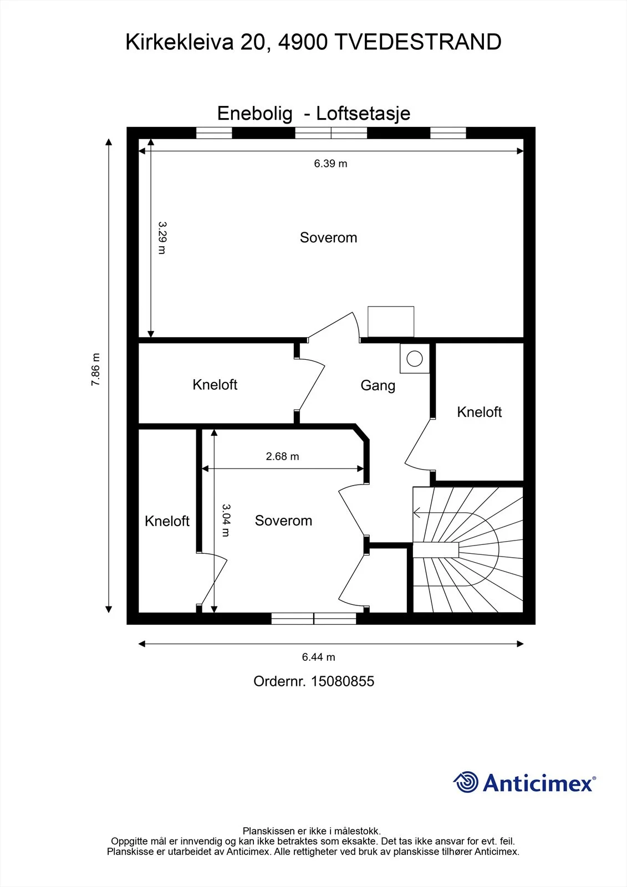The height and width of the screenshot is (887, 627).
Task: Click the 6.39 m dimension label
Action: [330, 164]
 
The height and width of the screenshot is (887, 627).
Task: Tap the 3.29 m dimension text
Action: [162, 238]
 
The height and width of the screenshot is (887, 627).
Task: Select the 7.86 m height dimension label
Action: [95, 369]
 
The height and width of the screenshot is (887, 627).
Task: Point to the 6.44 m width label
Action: [318, 657]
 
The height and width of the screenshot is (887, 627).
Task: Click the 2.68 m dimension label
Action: [282, 456]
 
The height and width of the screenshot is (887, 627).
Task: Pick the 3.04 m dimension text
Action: [226, 521]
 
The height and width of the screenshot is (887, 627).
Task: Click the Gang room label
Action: [378, 386]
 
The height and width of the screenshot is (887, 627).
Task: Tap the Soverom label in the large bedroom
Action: [328, 238]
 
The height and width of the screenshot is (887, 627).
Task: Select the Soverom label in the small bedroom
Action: [283, 521]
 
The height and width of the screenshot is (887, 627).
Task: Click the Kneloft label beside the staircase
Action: [480, 412]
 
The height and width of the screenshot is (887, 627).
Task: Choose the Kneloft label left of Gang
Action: [215, 385]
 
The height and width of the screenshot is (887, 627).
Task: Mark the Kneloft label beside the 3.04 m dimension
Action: [167, 521]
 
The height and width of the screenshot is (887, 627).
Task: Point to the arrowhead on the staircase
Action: [416, 513]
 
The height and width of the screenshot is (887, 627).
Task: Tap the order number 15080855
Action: [343, 681]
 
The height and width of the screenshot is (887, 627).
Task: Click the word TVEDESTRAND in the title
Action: [418, 42]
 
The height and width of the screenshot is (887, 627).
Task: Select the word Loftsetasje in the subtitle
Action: [363, 114]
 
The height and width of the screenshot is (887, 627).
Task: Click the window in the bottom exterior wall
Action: [314, 619]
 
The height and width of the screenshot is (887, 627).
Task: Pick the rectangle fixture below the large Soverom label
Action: [391, 322]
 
